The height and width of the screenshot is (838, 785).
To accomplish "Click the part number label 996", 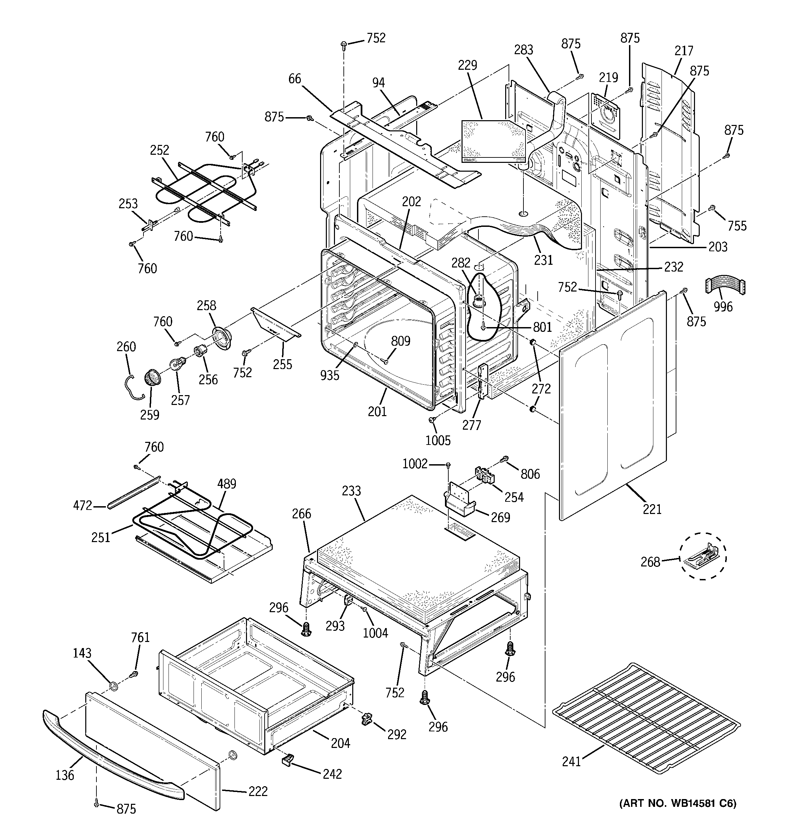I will (723, 306).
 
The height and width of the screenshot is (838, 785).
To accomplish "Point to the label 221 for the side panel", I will (652, 510).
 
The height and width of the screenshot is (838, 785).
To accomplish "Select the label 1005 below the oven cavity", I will (438, 441).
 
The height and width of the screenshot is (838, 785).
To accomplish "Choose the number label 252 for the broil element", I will (159, 150).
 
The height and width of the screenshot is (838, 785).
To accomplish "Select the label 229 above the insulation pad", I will (467, 65).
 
